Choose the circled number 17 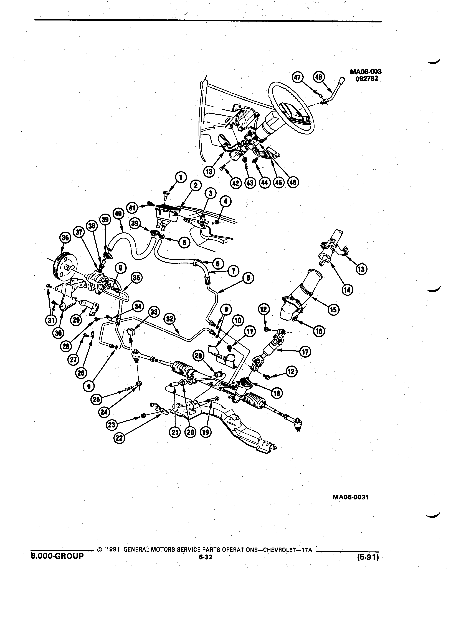click(x=305, y=352)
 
